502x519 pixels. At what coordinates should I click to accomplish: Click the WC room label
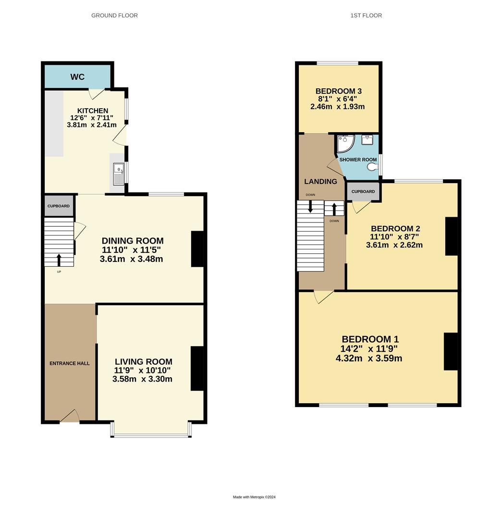[x=77, y=77]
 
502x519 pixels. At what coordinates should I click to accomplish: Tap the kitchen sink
[x=118, y=174]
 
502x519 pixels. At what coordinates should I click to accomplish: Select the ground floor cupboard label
[x=59, y=206]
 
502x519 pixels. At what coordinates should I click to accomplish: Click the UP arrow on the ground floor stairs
[x=59, y=259]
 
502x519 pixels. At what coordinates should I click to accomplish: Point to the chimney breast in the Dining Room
[x=198, y=249]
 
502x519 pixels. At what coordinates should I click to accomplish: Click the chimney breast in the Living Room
[x=197, y=368]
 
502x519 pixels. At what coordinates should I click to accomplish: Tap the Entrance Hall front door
[x=70, y=416]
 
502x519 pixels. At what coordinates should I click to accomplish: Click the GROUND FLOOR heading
[x=114, y=15]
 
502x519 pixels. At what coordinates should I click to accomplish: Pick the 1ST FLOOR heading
[x=366, y=15]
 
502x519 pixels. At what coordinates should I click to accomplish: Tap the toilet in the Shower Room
[x=372, y=167]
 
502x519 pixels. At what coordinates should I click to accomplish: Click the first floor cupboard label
[x=363, y=191]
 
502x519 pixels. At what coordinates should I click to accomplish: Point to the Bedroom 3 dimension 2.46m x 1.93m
[x=338, y=106]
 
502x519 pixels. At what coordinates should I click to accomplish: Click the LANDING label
[x=320, y=181]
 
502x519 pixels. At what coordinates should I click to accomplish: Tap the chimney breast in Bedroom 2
[x=452, y=236]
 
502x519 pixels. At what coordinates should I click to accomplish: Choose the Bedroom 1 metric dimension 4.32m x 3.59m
[x=369, y=358]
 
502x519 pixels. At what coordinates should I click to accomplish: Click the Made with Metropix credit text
[x=254, y=497]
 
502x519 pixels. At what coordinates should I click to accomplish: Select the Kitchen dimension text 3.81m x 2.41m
[x=92, y=124]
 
